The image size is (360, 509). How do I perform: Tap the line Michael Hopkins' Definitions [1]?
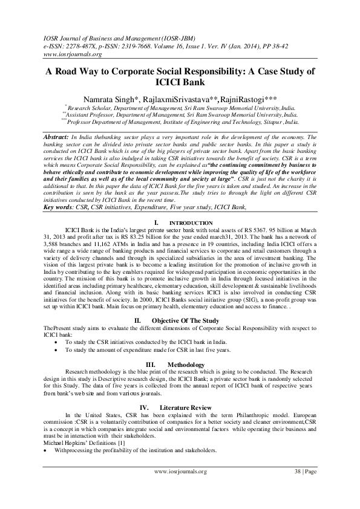[x=76, y=444]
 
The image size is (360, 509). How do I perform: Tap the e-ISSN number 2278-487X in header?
[x=83, y=45]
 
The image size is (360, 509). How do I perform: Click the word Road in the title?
[x=72, y=71]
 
